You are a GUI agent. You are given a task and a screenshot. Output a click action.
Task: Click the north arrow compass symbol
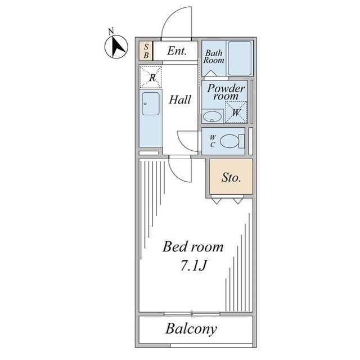point(116,47)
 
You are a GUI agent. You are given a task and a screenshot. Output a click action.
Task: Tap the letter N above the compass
point(111,31)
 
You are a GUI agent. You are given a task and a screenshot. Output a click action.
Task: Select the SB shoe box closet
point(146,51)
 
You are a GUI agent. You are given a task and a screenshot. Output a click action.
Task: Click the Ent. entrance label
point(177,51)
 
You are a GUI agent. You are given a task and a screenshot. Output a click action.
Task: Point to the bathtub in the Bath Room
point(240,58)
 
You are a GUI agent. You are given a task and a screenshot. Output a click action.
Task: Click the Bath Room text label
point(214,56)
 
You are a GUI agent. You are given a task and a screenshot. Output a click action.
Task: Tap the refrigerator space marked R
point(151,77)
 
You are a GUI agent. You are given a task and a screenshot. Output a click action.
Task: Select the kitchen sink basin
point(151,103)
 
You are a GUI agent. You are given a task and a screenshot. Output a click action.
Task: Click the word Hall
point(180,100)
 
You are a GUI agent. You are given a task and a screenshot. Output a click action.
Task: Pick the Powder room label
point(226,92)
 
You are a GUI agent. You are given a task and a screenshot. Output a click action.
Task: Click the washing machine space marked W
point(236,112)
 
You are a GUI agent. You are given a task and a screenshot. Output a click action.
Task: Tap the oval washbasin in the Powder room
point(213,116)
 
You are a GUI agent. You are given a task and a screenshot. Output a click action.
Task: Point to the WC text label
point(213,141)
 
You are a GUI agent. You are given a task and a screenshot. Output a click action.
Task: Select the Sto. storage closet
point(231,177)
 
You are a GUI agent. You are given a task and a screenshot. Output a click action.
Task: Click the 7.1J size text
point(193,266)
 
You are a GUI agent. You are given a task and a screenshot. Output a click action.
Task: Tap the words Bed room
point(193,247)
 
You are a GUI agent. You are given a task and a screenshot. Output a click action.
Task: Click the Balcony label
point(191,329)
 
